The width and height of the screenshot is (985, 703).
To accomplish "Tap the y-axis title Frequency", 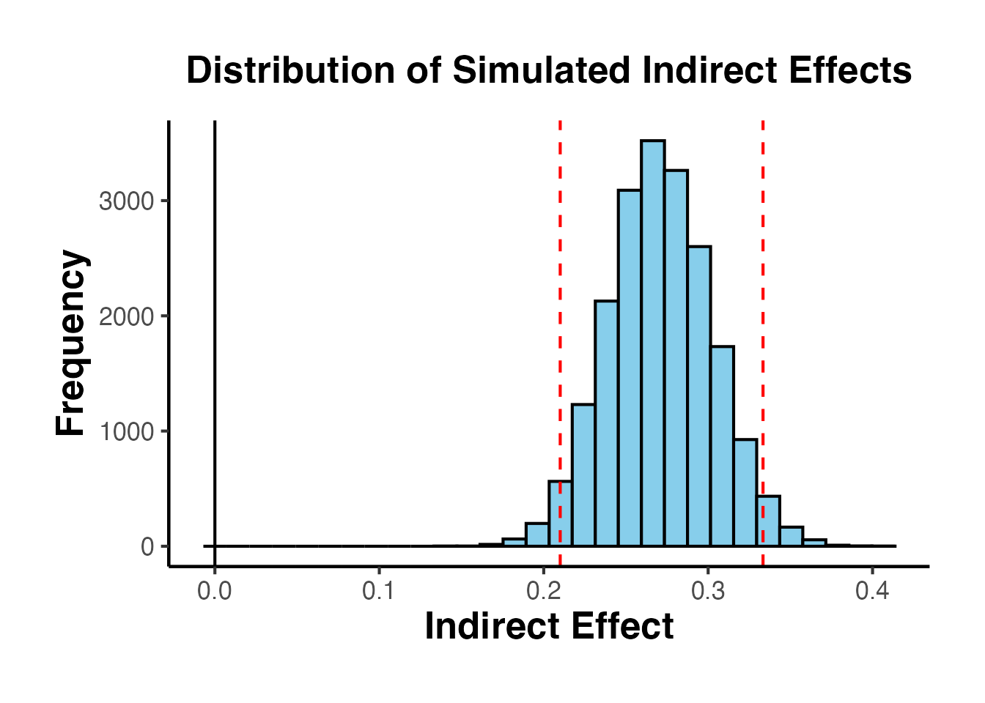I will [71, 343].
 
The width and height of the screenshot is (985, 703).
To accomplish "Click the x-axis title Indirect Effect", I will [549, 627].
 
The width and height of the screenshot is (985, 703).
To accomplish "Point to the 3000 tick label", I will [126, 201].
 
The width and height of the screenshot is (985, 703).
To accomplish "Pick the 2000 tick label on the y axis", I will [126, 316].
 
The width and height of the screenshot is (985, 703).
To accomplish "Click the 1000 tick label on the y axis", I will [126, 431].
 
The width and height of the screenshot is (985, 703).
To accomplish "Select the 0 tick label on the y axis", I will [147, 546].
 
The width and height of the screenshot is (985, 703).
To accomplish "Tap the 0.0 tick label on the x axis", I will [214, 590].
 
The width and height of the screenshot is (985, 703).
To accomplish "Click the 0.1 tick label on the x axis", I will [379, 590].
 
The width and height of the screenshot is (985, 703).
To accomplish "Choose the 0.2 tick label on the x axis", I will [543, 590].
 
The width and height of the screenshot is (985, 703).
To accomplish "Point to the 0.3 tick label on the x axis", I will [708, 590].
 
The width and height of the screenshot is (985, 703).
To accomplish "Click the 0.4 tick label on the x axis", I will [872, 590].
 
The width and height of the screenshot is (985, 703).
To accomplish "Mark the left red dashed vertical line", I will [560, 293].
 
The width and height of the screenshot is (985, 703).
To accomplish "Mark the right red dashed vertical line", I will [763, 293].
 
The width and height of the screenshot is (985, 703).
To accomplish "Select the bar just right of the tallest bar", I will [676, 359].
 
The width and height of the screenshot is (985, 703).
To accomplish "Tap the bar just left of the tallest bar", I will [630, 366].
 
